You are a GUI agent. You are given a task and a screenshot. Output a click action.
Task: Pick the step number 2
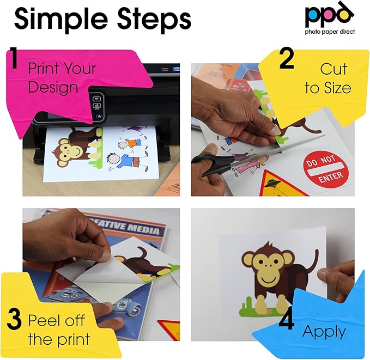click(287, 60)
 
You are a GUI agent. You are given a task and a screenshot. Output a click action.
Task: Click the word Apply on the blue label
click(324, 331)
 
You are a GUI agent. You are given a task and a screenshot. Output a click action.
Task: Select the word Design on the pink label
click(53, 87)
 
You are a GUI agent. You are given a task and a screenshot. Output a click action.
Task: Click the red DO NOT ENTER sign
click(326, 170)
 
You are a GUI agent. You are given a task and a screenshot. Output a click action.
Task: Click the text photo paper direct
click(330, 32)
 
